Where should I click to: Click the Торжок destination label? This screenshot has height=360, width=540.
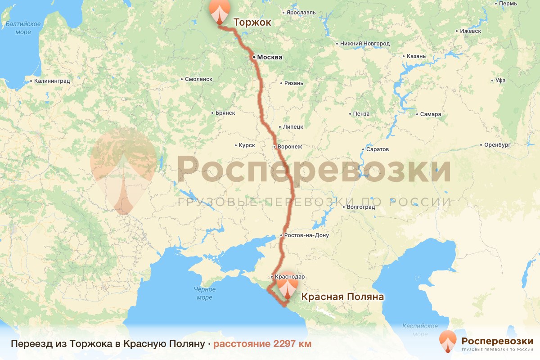click(252, 22)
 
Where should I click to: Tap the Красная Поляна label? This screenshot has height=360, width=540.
click(342, 297)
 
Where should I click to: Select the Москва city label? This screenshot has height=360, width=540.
click(270, 57)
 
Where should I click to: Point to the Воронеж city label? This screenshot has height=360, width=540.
click(290, 147)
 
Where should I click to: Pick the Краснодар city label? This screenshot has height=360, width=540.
click(290, 276)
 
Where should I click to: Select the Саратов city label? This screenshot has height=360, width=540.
click(378, 149)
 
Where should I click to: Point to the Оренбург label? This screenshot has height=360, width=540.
click(497, 145)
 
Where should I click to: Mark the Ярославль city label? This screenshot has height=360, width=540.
click(301, 13)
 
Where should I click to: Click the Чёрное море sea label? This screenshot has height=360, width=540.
click(205, 293)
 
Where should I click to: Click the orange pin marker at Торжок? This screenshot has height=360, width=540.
click(219, 11)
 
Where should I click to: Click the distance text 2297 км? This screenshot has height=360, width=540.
click(262, 344)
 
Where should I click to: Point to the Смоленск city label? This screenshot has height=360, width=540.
click(198, 79)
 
